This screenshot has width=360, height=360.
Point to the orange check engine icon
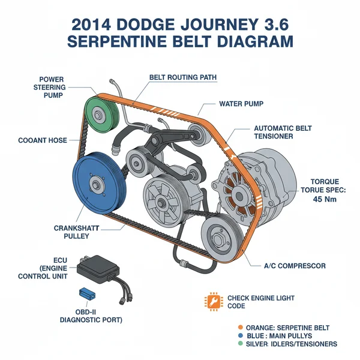click(x=212, y=301)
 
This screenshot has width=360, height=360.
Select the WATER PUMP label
click(x=242, y=104)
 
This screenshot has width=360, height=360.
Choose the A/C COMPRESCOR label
click(x=294, y=265)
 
